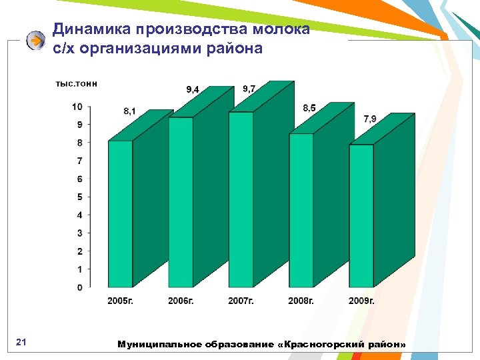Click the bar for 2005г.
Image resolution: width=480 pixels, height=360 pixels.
[x=120, y=213]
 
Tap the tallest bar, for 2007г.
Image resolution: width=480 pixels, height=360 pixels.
[x=241, y=199]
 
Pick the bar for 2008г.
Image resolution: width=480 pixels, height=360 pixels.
[x=301, y=210]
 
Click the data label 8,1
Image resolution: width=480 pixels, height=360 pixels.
[x=129, y=111]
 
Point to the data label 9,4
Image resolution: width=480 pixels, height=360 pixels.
[x=192, y=89]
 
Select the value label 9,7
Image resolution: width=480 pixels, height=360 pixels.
[x=249, y=88]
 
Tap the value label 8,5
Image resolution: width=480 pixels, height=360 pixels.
[x=309, y=107]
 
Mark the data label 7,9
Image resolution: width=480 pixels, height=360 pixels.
[x=369, y=119]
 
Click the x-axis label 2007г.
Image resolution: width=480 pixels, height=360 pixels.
[x=241, y=301]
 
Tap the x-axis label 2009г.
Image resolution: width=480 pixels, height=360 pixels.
[x=361, y=301]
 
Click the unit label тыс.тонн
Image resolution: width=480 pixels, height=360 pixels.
[x=76, y=83]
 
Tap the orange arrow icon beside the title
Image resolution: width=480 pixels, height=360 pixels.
[x=35, y=41]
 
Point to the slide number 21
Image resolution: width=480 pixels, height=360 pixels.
[x=20, y=343]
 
